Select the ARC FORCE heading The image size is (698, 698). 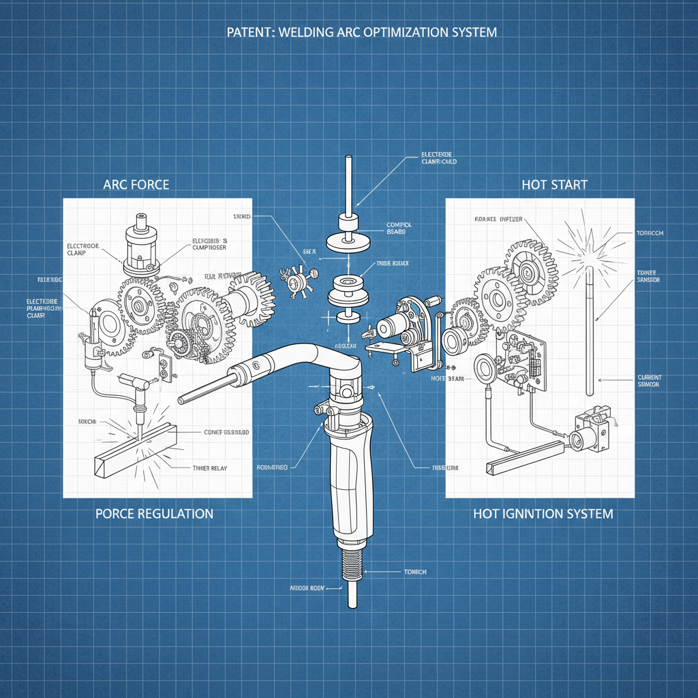136,185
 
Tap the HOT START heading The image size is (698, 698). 553,185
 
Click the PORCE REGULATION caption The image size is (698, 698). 153,513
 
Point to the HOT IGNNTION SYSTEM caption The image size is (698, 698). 543,513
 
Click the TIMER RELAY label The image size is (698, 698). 209,468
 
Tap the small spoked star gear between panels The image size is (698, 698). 297,280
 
